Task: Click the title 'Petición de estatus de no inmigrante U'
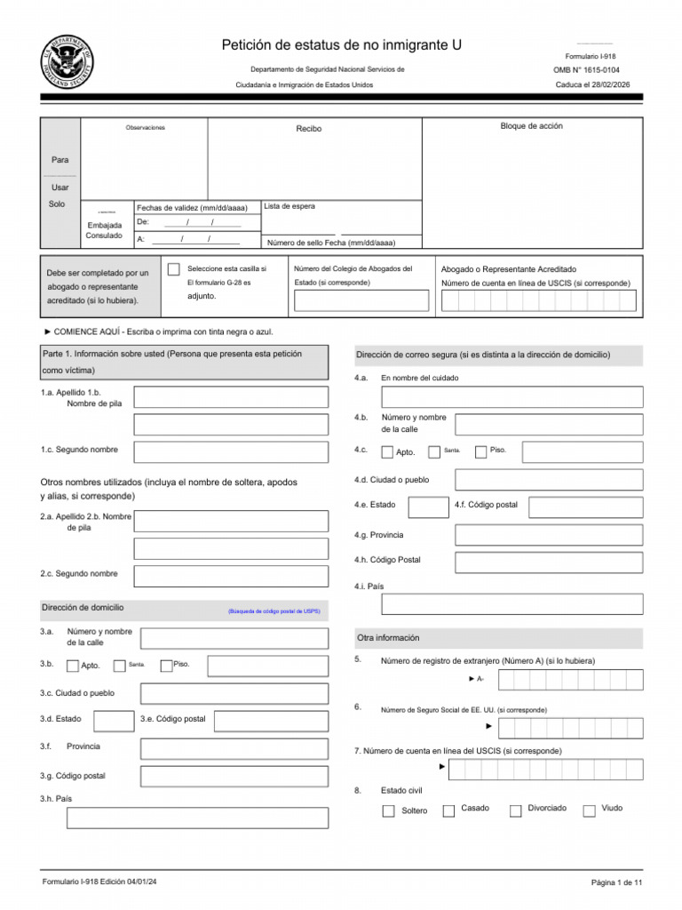coord(341,45)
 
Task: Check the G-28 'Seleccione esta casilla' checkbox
coord(173,269)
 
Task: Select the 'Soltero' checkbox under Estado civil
coord(388,810)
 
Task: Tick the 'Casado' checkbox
coord(448,810)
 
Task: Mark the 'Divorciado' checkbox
coord(515,810)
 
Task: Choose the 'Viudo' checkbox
coord(589,810)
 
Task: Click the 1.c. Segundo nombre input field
coord(230,451)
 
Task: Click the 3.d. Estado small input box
coord(114,721)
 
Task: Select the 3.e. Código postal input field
coord(271,721)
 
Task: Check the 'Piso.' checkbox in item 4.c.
coord(480,452)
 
